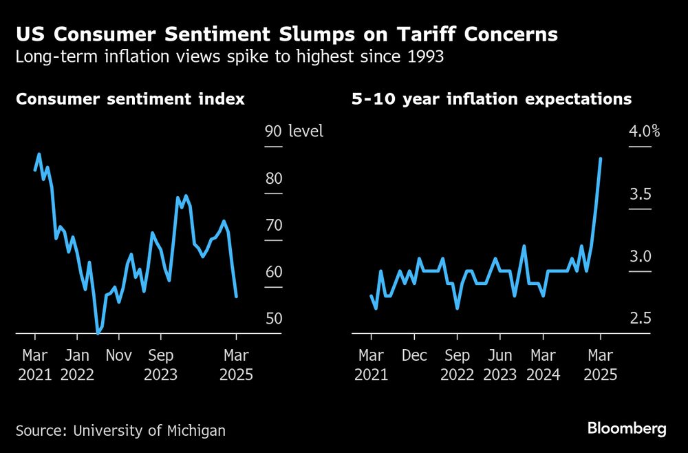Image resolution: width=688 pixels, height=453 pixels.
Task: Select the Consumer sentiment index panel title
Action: [x=130, y=99]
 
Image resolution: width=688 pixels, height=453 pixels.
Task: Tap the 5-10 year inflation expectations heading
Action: [x=491, y=99]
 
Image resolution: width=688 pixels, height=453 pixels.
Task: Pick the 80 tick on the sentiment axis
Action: [x=274, y=178]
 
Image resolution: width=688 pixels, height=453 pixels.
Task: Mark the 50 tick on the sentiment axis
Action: [x=274, y=319]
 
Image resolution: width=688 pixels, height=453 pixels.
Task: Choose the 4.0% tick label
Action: [x=645, y=131]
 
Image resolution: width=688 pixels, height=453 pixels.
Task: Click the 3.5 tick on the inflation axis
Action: [x=641, y=194]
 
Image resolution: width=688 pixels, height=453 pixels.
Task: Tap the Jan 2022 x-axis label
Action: [x=78, y=366]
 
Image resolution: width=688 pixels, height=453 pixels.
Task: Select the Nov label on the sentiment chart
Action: [x=119, y=356]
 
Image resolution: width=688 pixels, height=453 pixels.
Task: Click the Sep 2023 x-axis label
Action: [x=160, y=366]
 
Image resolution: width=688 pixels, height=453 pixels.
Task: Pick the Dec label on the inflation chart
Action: [x=414, y=356]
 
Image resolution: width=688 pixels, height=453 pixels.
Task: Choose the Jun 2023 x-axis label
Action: [x=499, y=366]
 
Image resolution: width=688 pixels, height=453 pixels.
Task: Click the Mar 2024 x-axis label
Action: [x=543, y=366]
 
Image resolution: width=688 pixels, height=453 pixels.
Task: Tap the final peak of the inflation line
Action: [x=601, y=158]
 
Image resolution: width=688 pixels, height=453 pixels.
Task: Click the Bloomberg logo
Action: [x=627, y=429]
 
